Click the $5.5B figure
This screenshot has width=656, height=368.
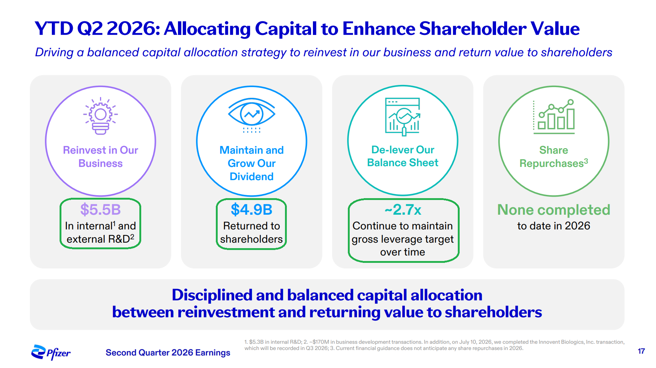coord(100,210)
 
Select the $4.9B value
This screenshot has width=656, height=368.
coord(252,210)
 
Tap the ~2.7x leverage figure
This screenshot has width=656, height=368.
coord(403,210)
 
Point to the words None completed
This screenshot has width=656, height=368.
coord(554,210)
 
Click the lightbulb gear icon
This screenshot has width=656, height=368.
coord(100,116)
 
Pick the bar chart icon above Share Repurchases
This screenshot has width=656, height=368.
coord(554,117)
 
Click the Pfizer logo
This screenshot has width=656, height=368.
coord(51,353)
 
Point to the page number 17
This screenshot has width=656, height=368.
coord(641,351)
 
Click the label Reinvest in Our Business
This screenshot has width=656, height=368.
coord(100,157)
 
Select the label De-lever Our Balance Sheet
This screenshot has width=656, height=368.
coord(403,156)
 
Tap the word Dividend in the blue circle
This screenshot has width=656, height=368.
coord(252,176)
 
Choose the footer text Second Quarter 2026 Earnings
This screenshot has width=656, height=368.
coord(168,353)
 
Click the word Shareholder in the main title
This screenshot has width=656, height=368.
coord(473,29)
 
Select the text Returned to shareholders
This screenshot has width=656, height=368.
coord(252,232)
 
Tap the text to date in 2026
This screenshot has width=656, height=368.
coord(554,226)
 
